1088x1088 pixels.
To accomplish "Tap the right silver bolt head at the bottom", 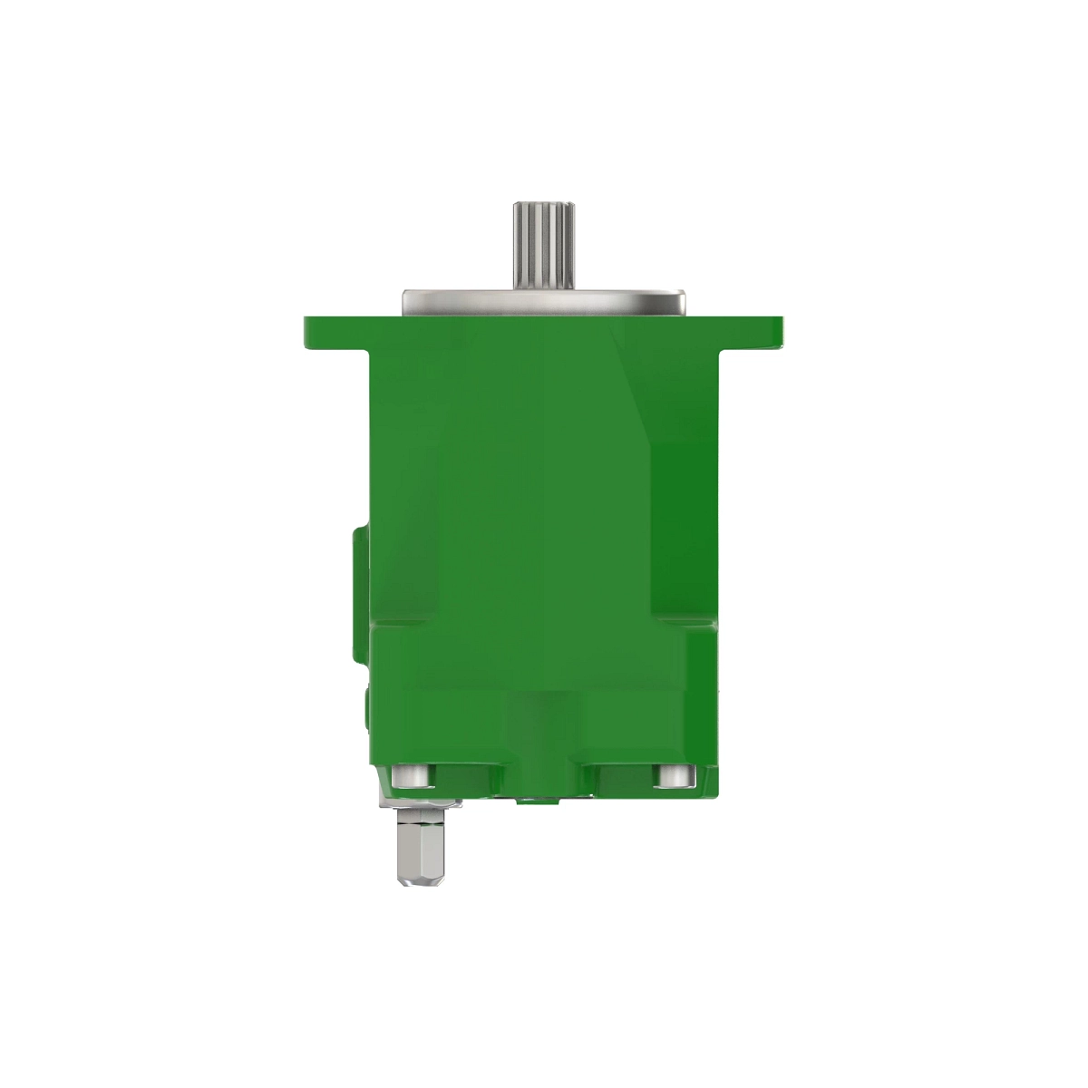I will point(673,777).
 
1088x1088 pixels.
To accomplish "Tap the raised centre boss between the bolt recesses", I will point(542,753).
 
